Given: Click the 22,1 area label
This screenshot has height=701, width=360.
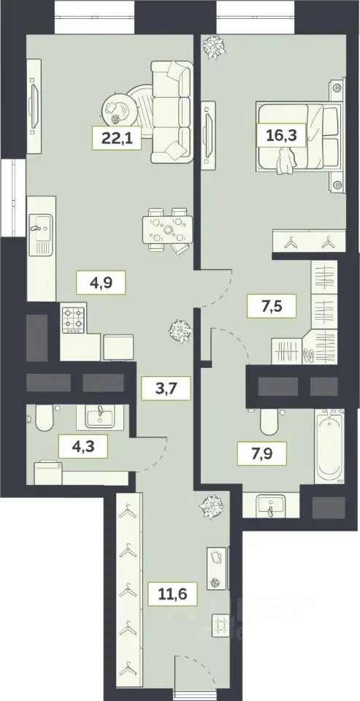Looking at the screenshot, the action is click(117, 138).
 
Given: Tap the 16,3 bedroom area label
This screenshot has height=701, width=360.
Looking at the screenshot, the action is click(282, 135).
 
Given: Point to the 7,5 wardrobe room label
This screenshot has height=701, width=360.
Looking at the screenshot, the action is click(272, 306).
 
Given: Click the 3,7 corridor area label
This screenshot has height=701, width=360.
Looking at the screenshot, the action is click(166, 388).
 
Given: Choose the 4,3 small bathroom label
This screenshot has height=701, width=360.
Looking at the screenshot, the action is click(84, 446).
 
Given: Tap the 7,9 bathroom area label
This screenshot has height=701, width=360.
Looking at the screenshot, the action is click(262, 453).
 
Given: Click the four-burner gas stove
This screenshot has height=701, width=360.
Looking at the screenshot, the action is click(73, 319).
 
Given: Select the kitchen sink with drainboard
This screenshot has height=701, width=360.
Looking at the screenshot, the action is click(41, 234).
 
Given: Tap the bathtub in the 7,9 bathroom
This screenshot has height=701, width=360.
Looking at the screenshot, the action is click(329, 445).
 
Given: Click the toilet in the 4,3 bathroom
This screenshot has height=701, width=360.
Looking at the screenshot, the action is click(44, 418).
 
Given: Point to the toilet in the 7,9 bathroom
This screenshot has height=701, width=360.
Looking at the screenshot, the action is click(269, 421).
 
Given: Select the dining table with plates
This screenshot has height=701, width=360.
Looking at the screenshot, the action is click(168, 229).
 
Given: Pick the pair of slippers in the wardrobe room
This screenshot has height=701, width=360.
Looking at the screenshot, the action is click(308, 355).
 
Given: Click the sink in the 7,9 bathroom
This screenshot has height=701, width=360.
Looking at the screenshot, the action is click(271, 505).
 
